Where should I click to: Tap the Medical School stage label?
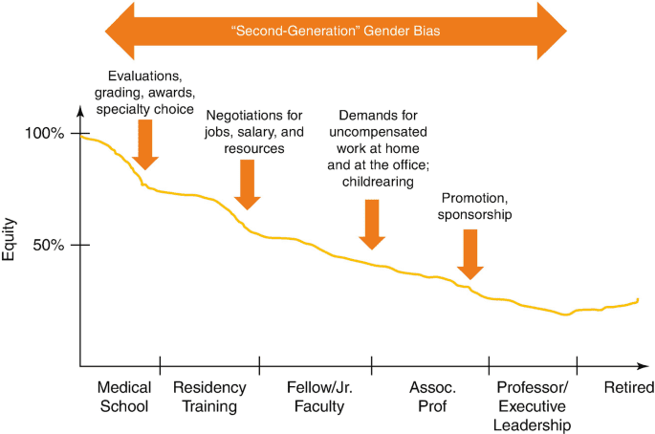[x=123, y=397]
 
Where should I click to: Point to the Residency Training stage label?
[x=209, y=397]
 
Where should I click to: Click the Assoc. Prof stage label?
[x=433, y=397]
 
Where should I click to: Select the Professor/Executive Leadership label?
[x=533, y=406]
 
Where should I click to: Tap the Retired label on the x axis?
[x=629, y=388]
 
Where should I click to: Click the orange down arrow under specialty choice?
[x=144, y=144]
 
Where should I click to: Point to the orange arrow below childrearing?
[x=372, y=225]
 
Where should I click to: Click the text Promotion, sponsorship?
[x=475, y=206]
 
